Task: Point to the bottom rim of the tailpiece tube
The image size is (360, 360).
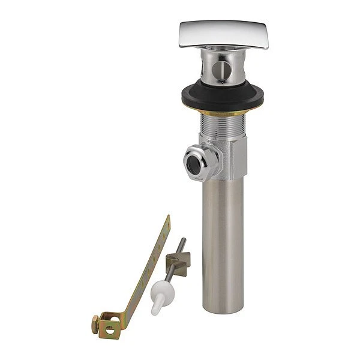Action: coord(223,310)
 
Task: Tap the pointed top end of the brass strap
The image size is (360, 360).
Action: coord(168,218)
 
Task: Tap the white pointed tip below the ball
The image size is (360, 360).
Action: coord(155,308)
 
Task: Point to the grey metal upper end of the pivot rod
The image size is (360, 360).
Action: coord(181,244)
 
